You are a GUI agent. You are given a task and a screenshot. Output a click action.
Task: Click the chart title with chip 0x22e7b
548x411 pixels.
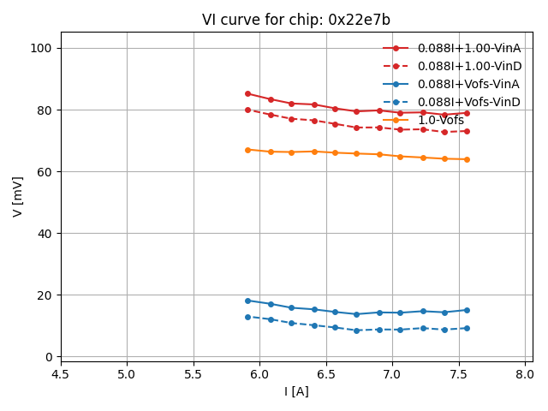click(x=295, y=20)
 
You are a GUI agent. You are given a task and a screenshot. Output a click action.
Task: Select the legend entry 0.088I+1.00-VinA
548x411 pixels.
click(x=469, y=48)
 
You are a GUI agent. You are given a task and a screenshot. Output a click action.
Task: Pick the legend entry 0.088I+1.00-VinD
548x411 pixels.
click(x=469, y=66)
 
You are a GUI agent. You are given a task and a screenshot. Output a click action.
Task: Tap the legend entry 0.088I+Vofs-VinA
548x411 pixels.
click(x=468, y=84)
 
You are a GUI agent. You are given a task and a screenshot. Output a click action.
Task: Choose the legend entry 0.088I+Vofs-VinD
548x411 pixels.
click(x=468, y=102)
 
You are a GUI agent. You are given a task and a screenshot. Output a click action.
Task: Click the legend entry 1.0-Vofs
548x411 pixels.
click(x=441, y=120)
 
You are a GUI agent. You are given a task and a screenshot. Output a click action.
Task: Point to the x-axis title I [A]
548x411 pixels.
click(x=295, y=392)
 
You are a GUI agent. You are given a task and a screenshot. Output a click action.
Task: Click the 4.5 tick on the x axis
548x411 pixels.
click(x=61, y=374)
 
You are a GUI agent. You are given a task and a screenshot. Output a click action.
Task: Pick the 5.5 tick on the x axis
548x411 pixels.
click(x=194, y=374)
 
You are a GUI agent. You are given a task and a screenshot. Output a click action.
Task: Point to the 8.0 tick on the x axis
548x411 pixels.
click(x=525, y=374)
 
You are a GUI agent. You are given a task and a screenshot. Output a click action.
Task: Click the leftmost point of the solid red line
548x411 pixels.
click(x=247, y=93)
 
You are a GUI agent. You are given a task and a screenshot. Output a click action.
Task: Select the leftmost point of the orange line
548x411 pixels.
click(x=247, y=150)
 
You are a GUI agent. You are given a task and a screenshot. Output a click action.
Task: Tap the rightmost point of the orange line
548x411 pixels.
click(x=467, y=159)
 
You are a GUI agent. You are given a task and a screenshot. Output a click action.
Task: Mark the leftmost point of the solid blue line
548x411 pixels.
click(x=247, y=301)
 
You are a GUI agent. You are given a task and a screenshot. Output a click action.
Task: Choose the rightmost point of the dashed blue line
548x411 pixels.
click(x=467, y=328)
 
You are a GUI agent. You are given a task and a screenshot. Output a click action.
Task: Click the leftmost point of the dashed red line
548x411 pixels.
click(x=247, y=110)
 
